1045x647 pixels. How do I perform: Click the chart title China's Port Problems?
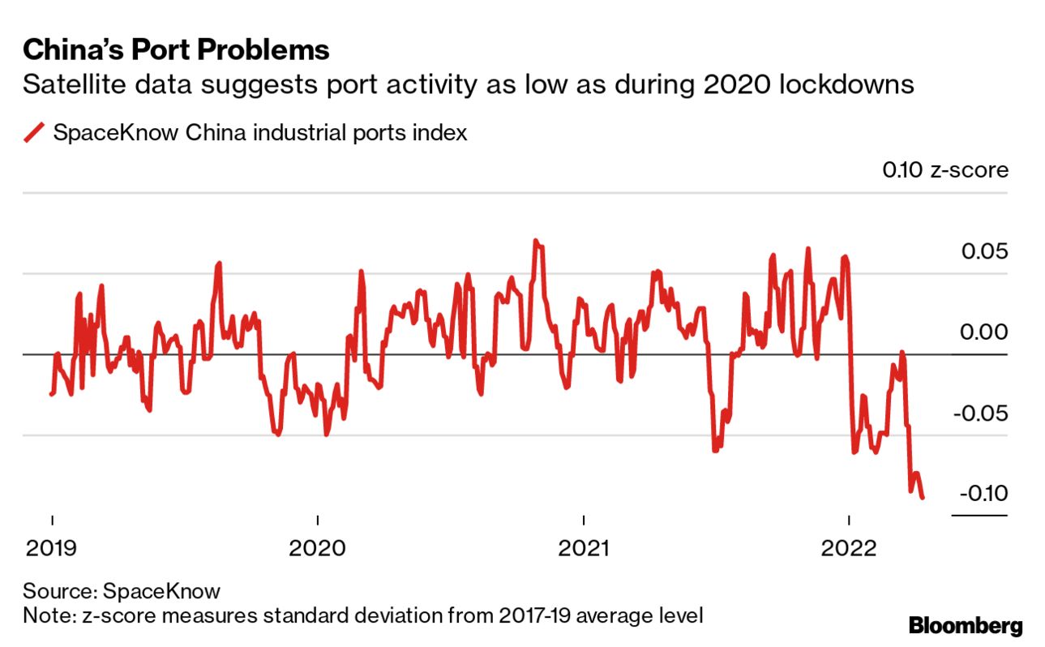tap(176, 50)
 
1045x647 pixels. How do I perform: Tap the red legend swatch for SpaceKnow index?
tap(34, 132)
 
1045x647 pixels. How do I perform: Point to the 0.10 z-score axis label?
tap(945, 170)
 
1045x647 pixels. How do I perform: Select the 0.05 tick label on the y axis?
tap(984, 251)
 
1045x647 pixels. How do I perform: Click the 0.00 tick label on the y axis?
tap(984, 332)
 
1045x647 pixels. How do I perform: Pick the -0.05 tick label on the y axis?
tap(981, 413)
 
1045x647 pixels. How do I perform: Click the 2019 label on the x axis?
tap(52, 549)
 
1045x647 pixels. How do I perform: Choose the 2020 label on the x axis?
tap(318, 549)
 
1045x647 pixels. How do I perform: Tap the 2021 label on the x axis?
tap(584, 549)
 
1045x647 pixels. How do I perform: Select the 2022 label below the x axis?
tap(849, 549)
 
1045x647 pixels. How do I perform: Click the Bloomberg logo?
tap(965, 626)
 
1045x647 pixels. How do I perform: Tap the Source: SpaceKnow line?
tap(122, 590)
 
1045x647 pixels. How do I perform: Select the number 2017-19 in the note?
tap(488, 615)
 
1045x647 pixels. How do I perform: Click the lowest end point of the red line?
tap(922, 497)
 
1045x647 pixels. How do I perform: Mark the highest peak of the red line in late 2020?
tap(535, 241)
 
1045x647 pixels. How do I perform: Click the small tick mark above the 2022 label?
tap(849, 521)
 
